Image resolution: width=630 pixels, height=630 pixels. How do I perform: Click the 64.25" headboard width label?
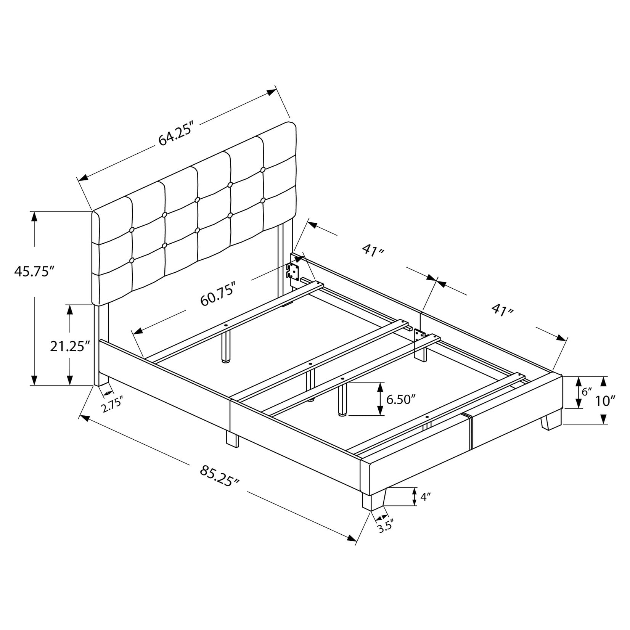tap(176, 134)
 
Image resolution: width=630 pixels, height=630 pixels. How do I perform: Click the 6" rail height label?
tap(587, 391)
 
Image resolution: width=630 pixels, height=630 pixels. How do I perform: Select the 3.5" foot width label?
tap(385, 527)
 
